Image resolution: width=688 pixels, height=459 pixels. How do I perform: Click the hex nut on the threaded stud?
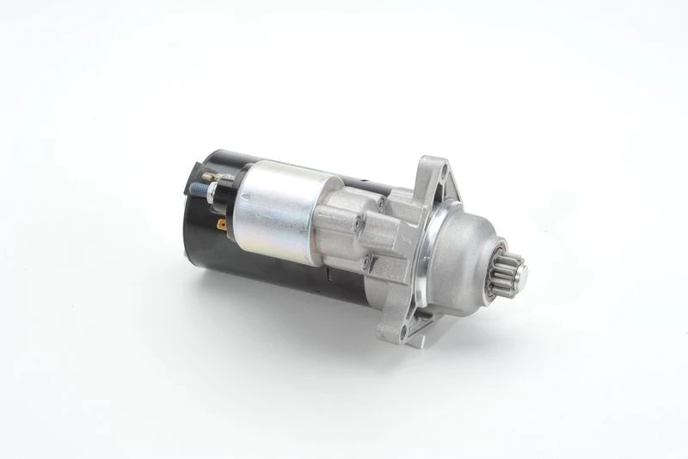pos(209,183)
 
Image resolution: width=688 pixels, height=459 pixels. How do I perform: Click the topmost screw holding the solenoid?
pos(379,204)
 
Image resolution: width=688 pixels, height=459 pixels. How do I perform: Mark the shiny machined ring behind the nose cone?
pos(434,258)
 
